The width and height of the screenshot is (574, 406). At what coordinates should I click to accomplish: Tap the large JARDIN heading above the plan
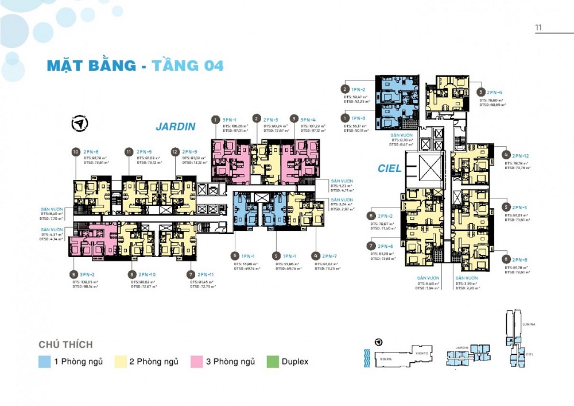pyautogui.click(x=176, y=127)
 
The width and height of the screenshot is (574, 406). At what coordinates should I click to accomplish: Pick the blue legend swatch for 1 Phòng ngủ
pyautogui.click(x=45, y=362)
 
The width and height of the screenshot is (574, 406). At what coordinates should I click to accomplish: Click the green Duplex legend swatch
pyautogui.click(x=272, y=362)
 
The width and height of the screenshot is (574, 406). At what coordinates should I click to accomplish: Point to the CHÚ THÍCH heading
pyautogui.click(x=65, y=344)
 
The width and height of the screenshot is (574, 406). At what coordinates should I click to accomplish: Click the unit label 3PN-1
pyautogui.click(x=231, y=120)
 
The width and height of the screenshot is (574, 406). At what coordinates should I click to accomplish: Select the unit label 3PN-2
pyautogui.click(x=87, y=274)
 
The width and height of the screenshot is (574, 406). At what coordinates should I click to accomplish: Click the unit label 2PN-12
pyautogui.click(x=520, y=156)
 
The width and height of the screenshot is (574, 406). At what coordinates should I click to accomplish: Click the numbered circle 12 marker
pyautogui.click(x=174, y=152)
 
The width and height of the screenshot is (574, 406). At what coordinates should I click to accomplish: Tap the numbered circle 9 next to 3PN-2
pyautogui.click(x=73, y=274)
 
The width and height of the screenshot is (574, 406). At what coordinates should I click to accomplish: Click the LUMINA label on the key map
pyautogui.click(x=529, y=324)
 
